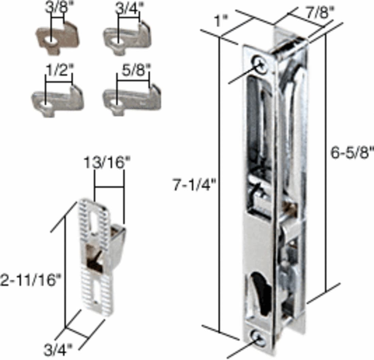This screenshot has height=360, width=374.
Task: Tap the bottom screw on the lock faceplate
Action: coord(260,339)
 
